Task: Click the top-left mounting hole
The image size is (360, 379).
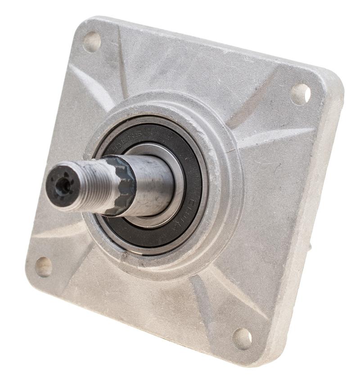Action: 92,42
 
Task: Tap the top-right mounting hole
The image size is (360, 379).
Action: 300,94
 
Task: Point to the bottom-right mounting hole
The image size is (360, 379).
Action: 242,338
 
